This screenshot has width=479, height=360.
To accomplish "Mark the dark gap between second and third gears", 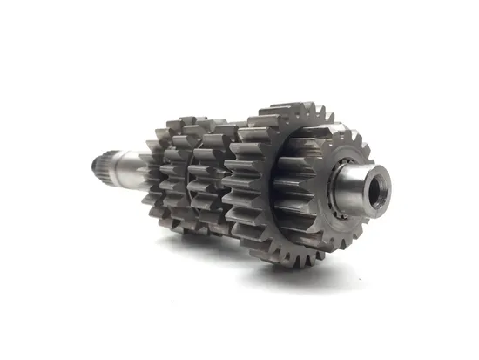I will click(x=193, y=179).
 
